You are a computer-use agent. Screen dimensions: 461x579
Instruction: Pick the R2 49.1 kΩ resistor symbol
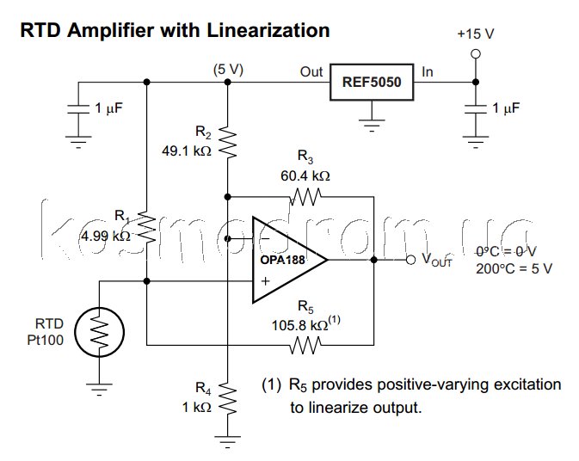(x=227, y=140)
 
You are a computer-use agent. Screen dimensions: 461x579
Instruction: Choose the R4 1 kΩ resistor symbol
(x=227, y=397)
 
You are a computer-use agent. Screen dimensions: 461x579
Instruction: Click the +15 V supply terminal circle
(x=475, y=53)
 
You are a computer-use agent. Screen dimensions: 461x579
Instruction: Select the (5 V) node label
(x=228, y=70)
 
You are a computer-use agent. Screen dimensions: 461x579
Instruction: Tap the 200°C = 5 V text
(x=514, y=267)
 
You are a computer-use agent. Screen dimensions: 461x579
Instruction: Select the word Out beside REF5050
(x=311, y=72)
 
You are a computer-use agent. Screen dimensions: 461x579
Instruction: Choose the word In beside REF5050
(x=428, y=72)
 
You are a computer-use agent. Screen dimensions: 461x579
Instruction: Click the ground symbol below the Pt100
(x=100, y=390)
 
